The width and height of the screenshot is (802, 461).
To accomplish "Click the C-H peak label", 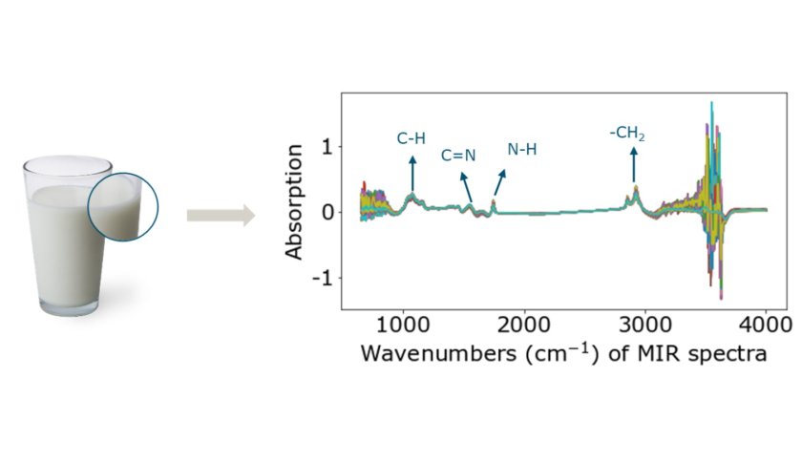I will point(412,138).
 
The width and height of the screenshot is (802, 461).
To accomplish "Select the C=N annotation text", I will point(457,156).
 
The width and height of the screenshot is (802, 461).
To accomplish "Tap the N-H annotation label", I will point(522,150).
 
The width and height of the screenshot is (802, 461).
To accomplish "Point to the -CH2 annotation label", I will point(628,135).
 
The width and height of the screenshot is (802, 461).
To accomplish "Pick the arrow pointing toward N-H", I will point(499,182).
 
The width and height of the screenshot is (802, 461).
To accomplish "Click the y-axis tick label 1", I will point(327,147).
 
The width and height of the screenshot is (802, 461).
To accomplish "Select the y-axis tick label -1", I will point(322,278).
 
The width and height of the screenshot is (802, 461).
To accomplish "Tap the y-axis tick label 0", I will point(327,212).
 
